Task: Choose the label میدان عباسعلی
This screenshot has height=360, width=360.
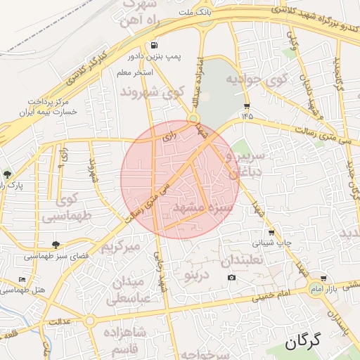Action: pyautogui.click(x=132, y=290)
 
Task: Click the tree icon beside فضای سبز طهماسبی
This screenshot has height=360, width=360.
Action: pyautogui.click(x=56, y=245)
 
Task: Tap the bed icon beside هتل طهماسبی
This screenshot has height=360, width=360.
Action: pyautogui.click(x=22, y=279)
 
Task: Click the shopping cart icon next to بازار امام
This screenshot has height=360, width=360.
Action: pyautogui.click(x=323, y=279)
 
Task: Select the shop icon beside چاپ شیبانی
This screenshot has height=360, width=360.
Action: pyautogui.click(x=271, y=233)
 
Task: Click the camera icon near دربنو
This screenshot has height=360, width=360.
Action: pyautogui.click(x=231, y=278)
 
